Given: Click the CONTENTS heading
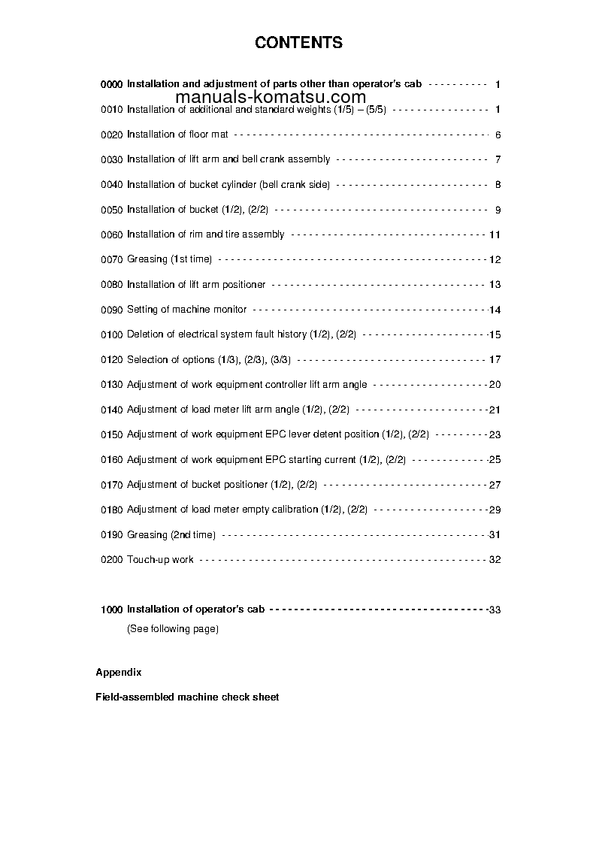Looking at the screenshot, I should coord(298,43).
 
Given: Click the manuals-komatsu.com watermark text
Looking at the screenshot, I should coord(270,97).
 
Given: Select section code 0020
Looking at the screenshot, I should coord(111,135).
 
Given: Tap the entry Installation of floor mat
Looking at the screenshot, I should coord(177,135).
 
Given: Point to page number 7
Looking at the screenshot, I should coord(498,159).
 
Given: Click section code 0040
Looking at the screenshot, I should coord(111,185).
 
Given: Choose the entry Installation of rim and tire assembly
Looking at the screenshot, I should coord(205,234).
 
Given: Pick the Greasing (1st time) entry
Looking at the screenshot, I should coord(169,259).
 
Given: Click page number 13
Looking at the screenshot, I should coord(495,285).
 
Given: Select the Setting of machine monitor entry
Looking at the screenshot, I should coord(186,310).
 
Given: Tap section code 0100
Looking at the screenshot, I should coord(111,334).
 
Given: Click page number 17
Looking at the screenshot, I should coord(495,360).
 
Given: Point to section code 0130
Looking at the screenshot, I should coord(111,385).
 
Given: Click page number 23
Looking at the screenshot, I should coord(495,434).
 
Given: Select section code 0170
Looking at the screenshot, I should coord(111,485).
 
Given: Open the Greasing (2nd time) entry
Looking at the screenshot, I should coord(171,534).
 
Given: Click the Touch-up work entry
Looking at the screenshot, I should coord(160,559).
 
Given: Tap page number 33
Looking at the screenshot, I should coord(495,610).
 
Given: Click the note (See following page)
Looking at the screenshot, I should coord(172,628).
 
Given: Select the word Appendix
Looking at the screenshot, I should coord(119,672).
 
